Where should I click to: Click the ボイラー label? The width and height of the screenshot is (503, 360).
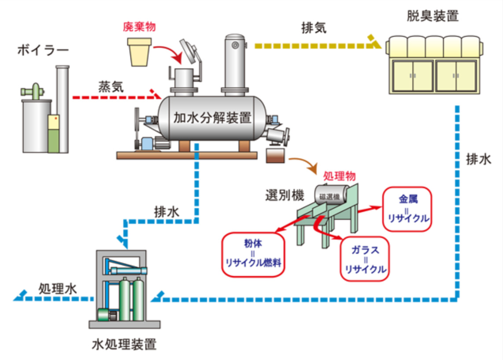tap(43, 50)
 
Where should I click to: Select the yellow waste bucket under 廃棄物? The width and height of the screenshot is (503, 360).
tap(139, 51)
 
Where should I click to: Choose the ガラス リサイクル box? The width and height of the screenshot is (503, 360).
tap(366, 258)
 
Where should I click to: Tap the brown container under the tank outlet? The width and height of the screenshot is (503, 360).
tap(276, 155)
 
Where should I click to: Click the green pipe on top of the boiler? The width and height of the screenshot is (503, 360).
tap(33, 91)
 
